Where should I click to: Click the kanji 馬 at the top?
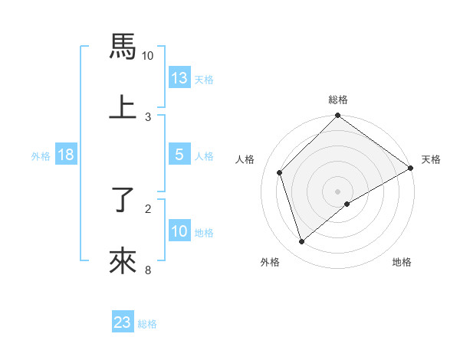coord(123,47)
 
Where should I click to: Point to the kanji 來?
coord(123,260)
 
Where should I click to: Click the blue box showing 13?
coord(179,78)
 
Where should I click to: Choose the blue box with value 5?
coord(179,155)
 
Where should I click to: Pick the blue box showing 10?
coord(179,231)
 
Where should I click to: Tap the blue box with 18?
coord(66,155)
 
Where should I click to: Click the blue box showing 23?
coord(123,322)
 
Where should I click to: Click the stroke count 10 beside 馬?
coord(148,56)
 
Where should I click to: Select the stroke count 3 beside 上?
coord(148,116)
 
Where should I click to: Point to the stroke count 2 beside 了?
coord(148,208)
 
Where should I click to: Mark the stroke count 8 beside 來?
coord(148,269)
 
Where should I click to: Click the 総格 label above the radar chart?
coord(338,100)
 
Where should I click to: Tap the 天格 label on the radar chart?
coord(431,159)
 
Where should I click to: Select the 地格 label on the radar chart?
coord(402,262)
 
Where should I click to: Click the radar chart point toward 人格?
coord(280,172)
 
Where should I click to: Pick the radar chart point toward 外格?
coord(302,241)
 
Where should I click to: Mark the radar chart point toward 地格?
coord(347,204)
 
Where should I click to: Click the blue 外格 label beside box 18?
coord(41,155)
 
